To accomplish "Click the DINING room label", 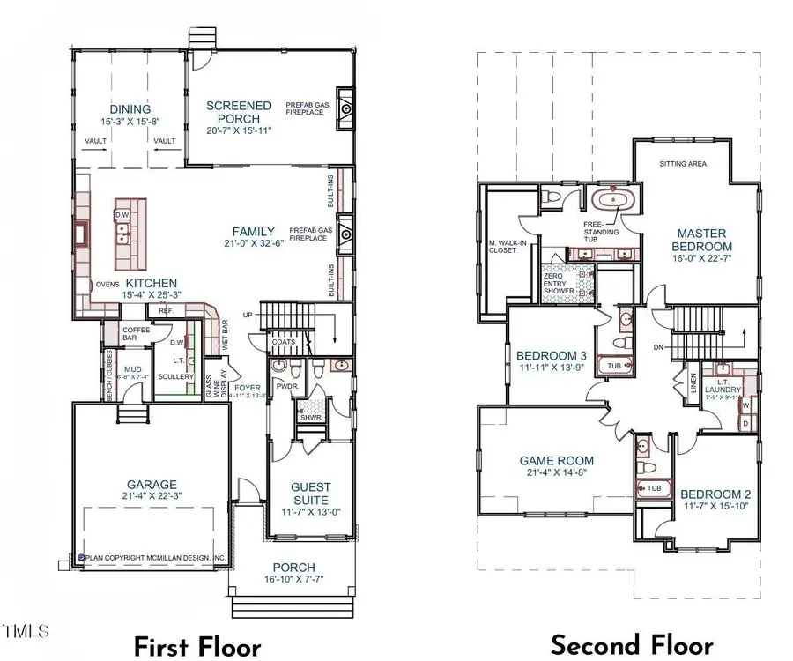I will [x=130, y=109].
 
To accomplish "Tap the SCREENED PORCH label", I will [x=238, y=112].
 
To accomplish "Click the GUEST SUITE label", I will [x=311, y=494].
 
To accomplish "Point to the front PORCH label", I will [x=293, y=567].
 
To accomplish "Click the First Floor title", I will [x=197, y=646].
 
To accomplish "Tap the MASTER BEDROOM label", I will [x=702, y=240].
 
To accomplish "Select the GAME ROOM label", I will [x=556, y=460].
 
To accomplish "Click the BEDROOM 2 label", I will [x=715, y=494].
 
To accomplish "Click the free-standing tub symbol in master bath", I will [x=611, y=199].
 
